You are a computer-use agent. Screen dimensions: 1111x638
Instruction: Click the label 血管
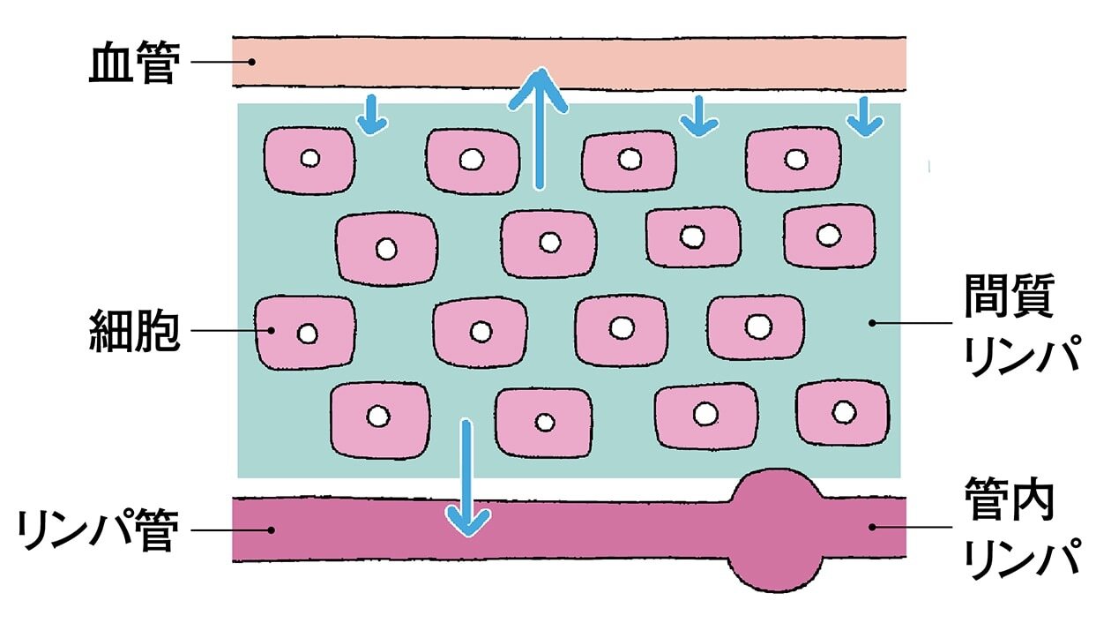pos(132,63)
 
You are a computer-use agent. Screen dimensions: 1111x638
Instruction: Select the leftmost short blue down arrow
pos(372,116)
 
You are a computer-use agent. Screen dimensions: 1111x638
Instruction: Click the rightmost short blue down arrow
pos(865,116)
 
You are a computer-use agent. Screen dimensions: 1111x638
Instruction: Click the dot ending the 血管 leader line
pos(251,62)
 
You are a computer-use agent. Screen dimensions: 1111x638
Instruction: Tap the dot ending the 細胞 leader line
pos(272,331)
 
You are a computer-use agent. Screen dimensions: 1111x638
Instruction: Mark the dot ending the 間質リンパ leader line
pos(872,323)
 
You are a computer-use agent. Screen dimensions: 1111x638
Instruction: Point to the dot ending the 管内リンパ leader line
pos(872,527)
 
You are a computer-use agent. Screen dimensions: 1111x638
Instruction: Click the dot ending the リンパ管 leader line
pos(272,530)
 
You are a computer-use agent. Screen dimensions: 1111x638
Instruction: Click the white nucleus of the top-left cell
pos(309,159)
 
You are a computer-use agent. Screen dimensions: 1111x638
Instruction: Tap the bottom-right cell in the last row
pos(842,412)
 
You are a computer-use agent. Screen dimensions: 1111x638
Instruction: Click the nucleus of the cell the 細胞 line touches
pos(307,334)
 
